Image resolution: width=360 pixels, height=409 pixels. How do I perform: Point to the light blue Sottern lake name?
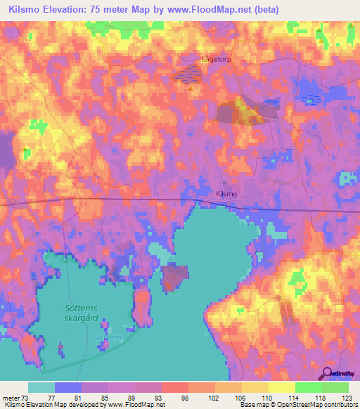point(108,337)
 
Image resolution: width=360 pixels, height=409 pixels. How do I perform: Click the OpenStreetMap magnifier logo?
point(328,373)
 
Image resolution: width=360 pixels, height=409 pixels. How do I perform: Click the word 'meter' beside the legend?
point(12,397)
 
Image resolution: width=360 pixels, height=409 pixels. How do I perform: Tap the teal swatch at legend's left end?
point(41,387)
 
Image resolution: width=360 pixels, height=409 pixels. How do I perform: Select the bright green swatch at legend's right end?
point(335,387)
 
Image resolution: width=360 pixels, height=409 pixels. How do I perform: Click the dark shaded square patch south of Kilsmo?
point(175,277)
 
